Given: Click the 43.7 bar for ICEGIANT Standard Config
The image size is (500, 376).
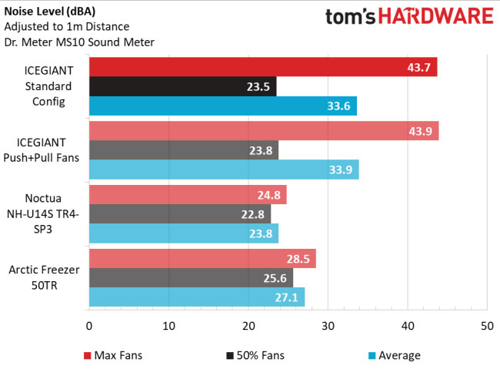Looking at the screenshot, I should [x=263, y=67].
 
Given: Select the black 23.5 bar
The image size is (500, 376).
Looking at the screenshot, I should [x=182, y=87].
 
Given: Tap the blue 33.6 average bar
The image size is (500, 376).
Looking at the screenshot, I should [x=223, y=107].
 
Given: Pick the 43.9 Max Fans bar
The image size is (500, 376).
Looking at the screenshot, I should [x=264, y=130].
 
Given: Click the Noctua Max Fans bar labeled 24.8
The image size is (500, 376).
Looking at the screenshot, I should [x=188, y=194].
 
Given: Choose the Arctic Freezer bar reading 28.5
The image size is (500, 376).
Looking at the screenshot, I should [x=202, y=258].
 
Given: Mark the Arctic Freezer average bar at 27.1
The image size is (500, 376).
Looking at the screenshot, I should [x=197, y=297].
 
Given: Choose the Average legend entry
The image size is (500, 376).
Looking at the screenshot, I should [x=393, y=355].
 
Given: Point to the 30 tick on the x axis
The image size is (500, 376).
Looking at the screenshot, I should [x=328, y=327].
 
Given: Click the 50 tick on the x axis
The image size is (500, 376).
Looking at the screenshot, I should [x=486, y=327].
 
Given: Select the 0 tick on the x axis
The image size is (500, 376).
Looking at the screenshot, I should [x=89, y=327].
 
